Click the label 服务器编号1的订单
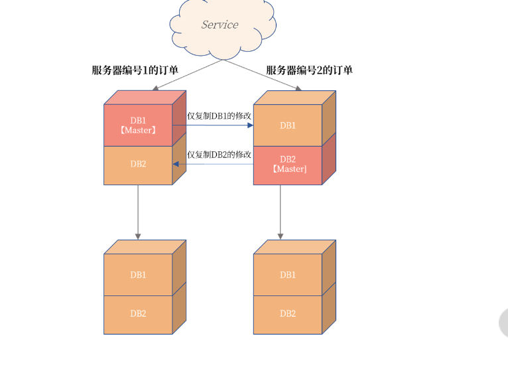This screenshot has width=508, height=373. tap(135, 70)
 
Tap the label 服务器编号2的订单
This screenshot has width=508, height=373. tap(309, 70)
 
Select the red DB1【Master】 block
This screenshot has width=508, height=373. tap(138, 125)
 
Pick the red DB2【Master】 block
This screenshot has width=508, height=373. tap(288, 164)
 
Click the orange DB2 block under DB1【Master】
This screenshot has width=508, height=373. tap(138, 164)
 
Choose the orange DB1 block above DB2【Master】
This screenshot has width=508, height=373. tap(288, 125)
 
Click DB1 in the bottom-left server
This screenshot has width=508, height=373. tap(138, 275)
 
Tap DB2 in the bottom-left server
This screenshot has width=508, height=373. tap(138, 313)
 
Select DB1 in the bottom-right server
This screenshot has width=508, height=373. tap(288, 275)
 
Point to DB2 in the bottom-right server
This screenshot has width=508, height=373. tap(288, 313)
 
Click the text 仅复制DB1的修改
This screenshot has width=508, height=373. tap(219, 115)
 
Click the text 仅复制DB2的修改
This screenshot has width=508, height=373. tap(219, 155)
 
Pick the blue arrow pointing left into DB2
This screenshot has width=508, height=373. tap(212, 164)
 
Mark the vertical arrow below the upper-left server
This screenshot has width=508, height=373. tap(138, 212)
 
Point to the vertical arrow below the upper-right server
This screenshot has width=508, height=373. tap(280, 212)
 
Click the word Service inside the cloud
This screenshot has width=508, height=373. tap(220, 25)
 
